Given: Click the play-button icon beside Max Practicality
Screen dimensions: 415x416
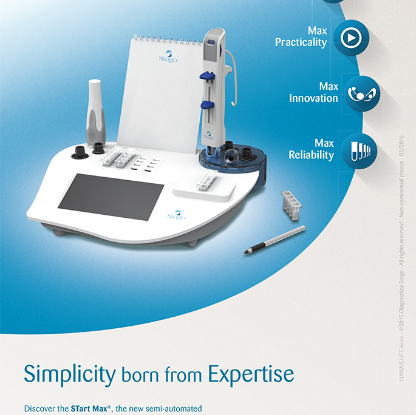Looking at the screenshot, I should click(351, 38).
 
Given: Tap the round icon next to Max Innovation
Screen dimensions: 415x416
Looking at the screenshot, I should click(363, 93).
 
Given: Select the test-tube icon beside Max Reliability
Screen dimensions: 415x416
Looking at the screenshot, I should click(359, 149).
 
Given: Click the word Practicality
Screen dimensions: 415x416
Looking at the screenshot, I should click(301, 42).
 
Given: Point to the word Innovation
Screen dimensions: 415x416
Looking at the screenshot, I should click(313, 98).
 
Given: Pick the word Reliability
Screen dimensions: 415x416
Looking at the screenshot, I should click(311, 155).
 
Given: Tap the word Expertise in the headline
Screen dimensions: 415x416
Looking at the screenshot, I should click(251, 373).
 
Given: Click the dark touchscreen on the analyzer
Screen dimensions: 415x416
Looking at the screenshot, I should click(111, 193).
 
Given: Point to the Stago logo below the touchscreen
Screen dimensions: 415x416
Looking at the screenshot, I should click(176, 215).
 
